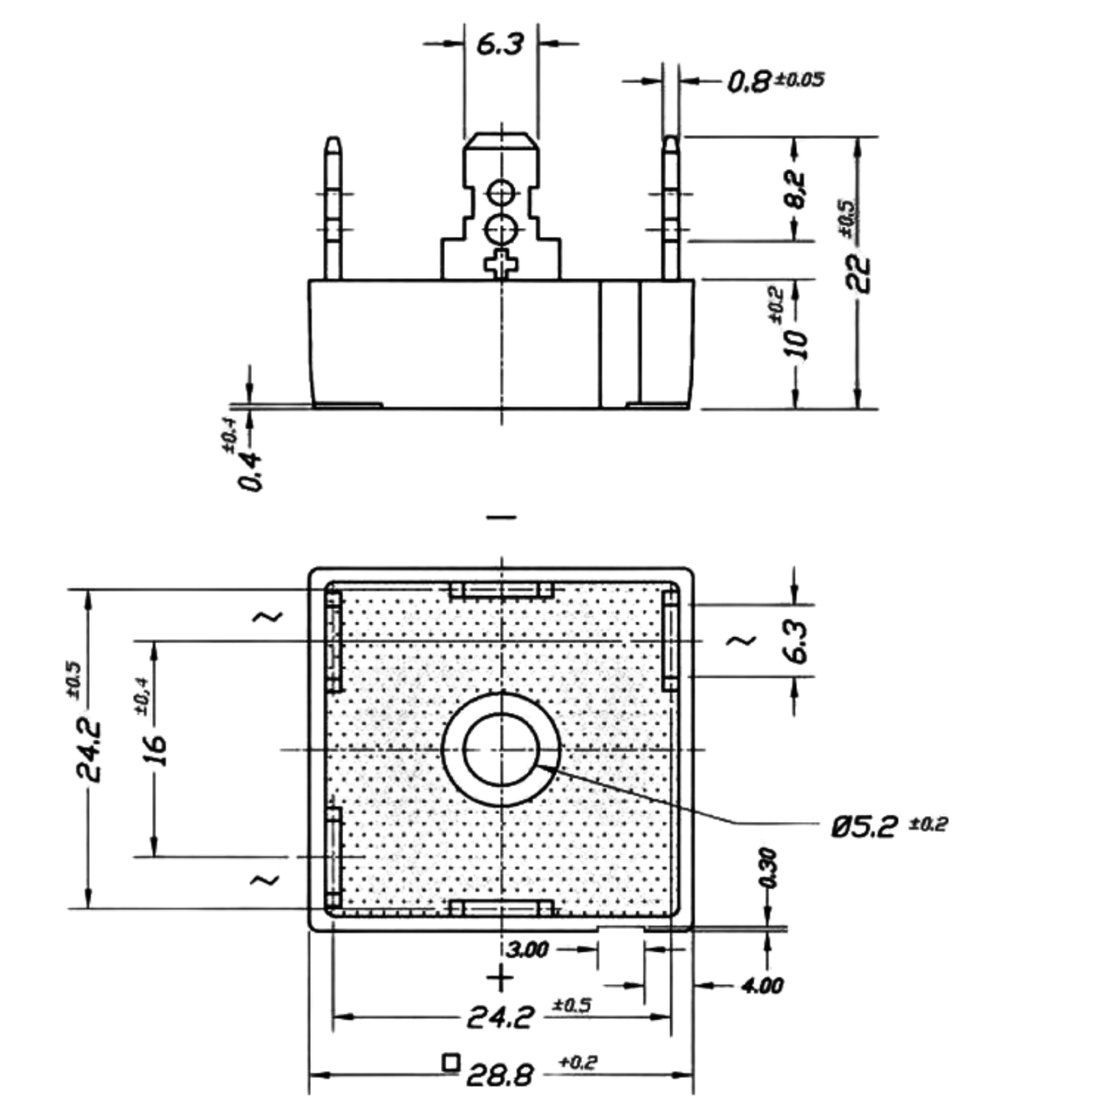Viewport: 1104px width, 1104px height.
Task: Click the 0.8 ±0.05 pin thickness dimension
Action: [775, 81]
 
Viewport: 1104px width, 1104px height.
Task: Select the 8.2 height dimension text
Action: [795, 189]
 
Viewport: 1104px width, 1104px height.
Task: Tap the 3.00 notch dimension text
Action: [528, 950]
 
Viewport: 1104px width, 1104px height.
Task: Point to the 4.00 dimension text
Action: [762, 986]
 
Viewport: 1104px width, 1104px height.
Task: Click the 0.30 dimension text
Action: [769, 868]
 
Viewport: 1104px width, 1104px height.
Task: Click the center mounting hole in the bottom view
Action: [500, 749]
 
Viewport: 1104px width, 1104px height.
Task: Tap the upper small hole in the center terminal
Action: [500, 192]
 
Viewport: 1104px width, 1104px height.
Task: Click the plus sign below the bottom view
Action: [500, 978]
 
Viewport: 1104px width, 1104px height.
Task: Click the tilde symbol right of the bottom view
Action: [741, 640]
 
